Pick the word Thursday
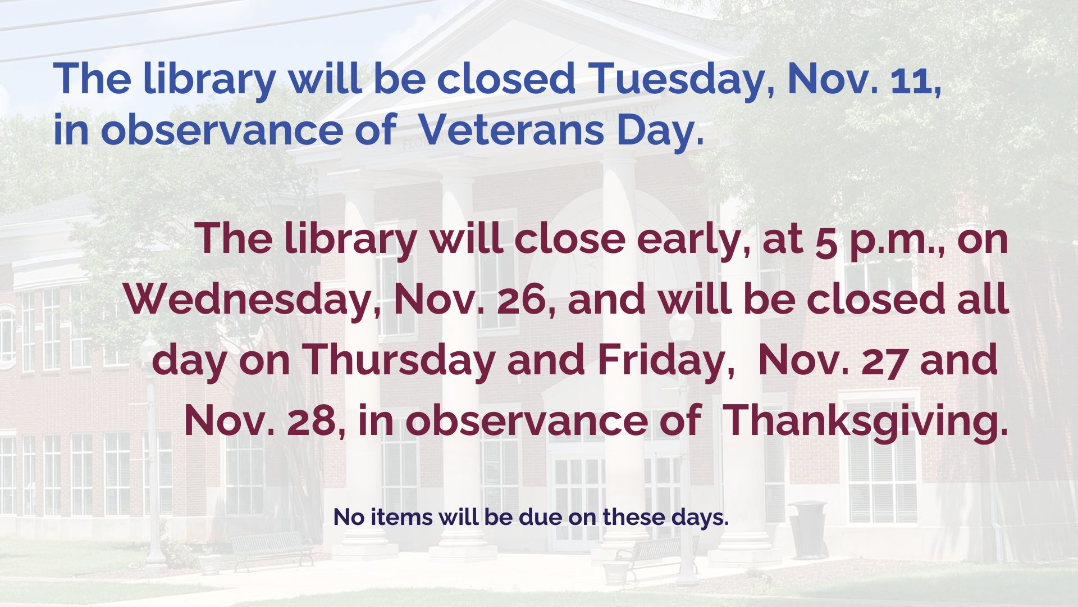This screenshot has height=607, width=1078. [x=399, y=360]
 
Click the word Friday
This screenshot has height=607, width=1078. [x=665, y=360]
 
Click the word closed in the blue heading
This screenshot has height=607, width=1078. [x=506, y=79]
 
